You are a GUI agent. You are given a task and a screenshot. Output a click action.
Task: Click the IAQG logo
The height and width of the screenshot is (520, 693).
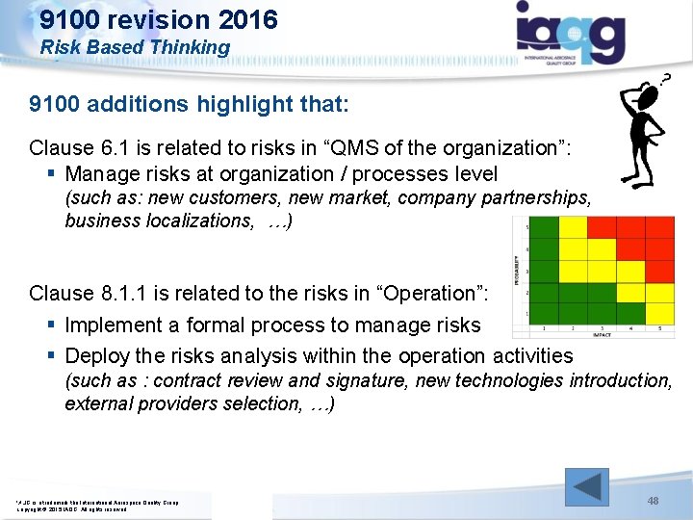coord(570,33)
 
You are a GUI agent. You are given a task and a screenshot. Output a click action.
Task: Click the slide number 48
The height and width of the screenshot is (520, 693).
coord(653,501)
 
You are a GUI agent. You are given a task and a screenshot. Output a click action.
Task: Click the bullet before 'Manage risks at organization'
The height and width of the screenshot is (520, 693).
coord(49,174)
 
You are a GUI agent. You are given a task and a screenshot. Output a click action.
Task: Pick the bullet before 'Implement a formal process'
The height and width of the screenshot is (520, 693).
coord(49,325)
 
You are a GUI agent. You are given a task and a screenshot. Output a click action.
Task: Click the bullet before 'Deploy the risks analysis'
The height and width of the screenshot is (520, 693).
coord(49,356)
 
